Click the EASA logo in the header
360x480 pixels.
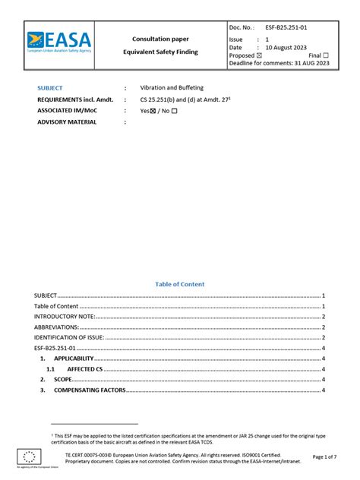tap(58, 41)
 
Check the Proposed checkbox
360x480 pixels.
tap(259, 55)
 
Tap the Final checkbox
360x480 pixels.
tap(326, 55)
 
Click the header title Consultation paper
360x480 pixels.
tap(160, 38)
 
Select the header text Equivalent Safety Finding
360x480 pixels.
tap(160, 52)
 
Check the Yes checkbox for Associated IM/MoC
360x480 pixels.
tap(155, 111)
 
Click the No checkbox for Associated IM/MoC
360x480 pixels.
tap(174, 111)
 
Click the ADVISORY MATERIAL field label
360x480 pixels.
tap(67, 122)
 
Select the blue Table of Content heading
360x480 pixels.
tap(180, 284)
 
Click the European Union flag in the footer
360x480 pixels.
tap(30, 456)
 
